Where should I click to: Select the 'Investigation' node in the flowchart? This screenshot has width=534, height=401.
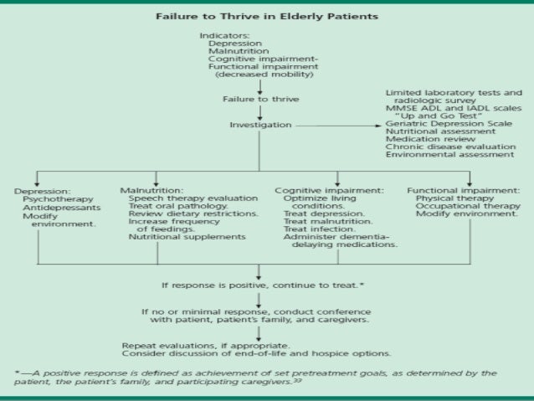[x=260, y=126]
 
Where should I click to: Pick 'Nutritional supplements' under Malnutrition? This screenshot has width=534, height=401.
[x=175, y=237]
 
